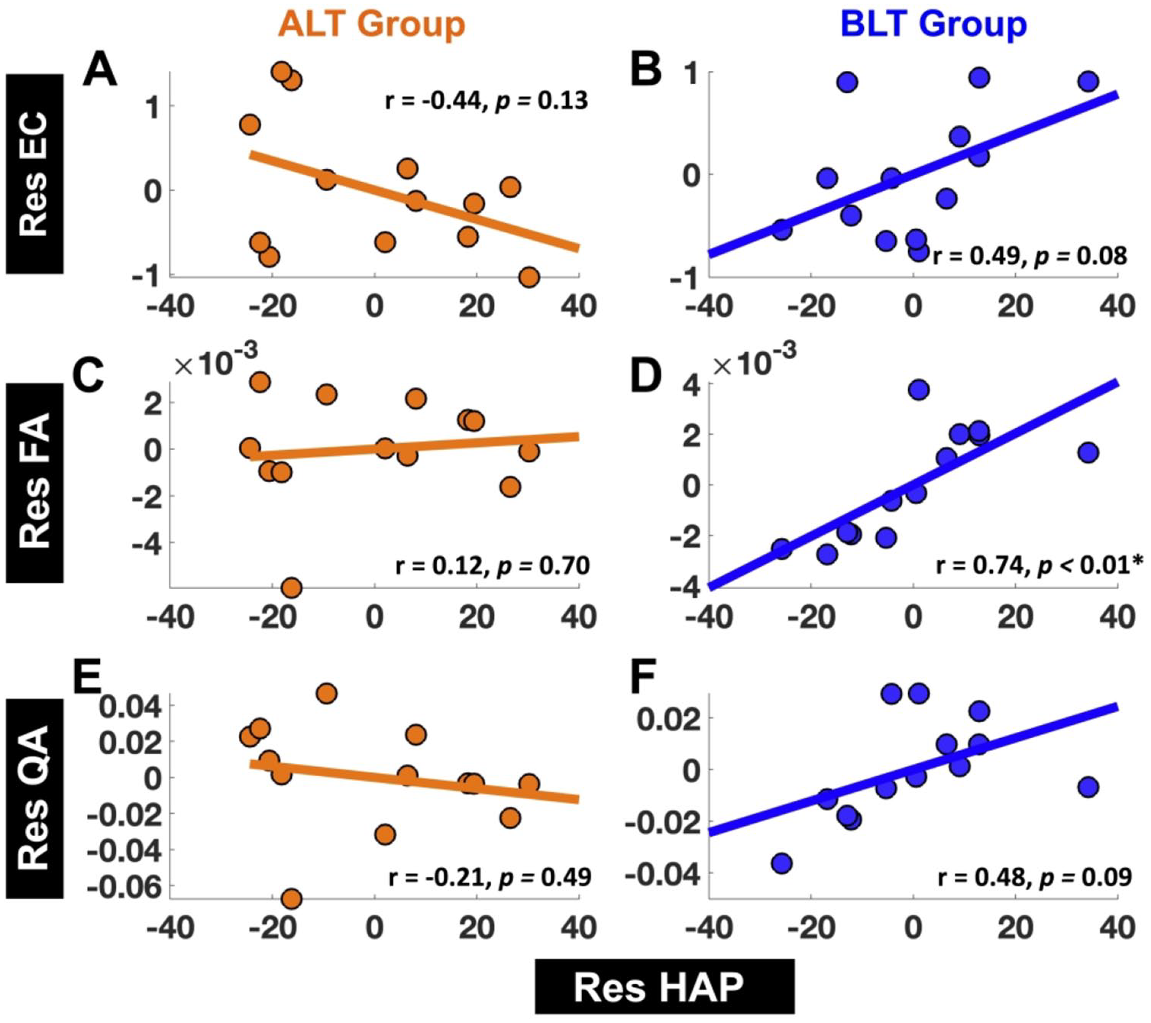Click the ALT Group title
(371, 24)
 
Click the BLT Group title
(933, 24)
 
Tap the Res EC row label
(34, 173)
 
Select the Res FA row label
(34, 482)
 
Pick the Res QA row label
(34, 798)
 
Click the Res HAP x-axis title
(658, 987)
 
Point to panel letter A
(100, 70)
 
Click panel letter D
(645, 377)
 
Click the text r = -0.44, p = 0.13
(487, 100)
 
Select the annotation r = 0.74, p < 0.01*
(1039, 565)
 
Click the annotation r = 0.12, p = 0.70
(492, 565)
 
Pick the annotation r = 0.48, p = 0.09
(1034, 877)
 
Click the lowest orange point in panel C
(291, 588)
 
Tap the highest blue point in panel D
(918, 390)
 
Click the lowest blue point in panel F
(781, 863)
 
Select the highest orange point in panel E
(326, 693)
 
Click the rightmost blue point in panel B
(1088, 81)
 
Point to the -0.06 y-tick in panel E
(124, 887)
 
